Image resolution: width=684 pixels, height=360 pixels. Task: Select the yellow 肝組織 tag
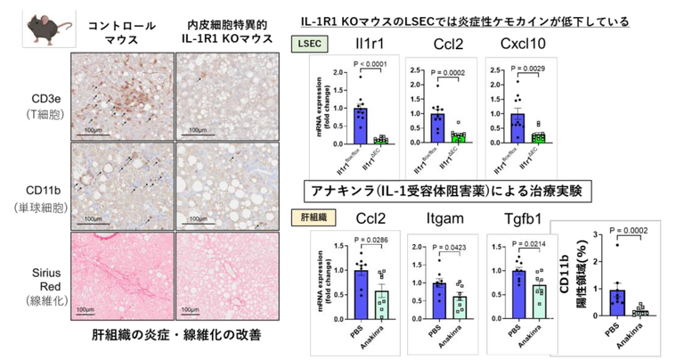pos(313,217)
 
